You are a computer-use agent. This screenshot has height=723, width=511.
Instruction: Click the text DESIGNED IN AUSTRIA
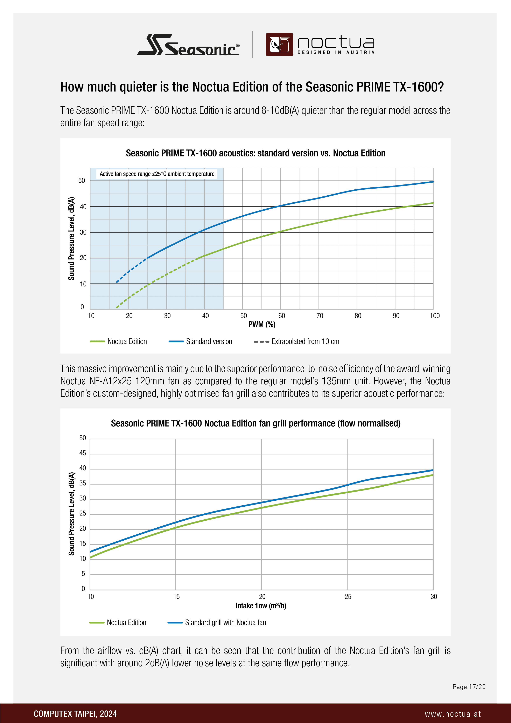tap(336, 52)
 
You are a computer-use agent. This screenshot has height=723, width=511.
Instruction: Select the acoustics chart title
tap(255, 153)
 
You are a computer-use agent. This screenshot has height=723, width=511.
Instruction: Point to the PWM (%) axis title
tap(262, 324)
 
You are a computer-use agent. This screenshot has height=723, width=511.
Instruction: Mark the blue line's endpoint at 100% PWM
tap(433, 182)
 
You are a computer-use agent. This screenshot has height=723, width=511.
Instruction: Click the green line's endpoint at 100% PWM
tap(433, 203)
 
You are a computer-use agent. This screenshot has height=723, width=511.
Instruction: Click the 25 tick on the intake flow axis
tap(348, 596)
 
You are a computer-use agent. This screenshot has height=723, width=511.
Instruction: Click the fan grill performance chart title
tap(255, 423)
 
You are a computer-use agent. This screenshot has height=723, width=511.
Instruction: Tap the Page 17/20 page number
tap(469, 687)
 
